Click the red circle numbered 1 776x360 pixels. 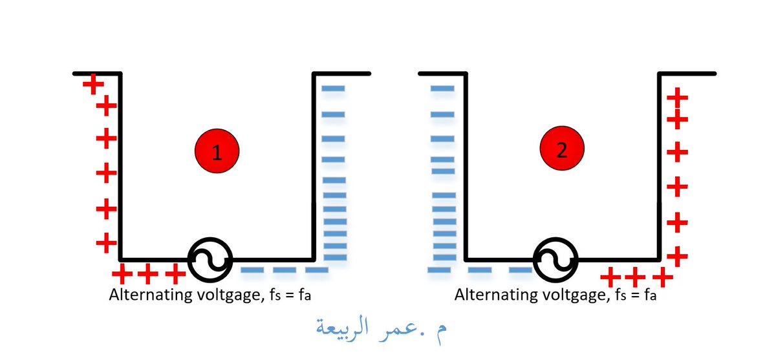217,151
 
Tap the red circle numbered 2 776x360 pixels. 562,150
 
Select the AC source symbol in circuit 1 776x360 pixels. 210,260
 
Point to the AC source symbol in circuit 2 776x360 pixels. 555,260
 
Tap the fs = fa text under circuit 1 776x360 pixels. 295,295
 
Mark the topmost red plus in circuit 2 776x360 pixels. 677,98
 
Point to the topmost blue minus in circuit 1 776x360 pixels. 334,89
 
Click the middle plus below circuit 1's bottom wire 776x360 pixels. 147,274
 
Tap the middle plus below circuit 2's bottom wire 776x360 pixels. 634,279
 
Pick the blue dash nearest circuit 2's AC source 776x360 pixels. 521,270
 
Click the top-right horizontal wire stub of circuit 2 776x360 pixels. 687,74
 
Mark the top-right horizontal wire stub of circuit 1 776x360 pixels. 341,74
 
